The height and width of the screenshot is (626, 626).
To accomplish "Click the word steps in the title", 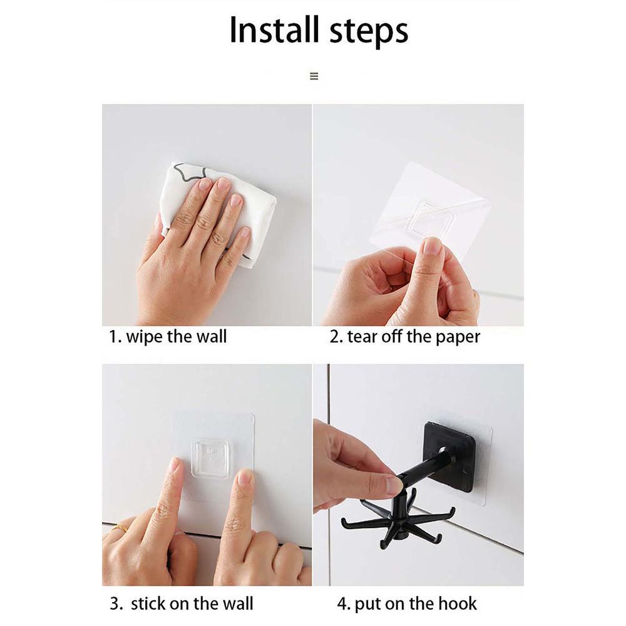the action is [369, 32].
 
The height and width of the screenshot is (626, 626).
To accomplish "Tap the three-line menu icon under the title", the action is [314, 76].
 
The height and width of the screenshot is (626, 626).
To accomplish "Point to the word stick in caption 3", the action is [147, 603].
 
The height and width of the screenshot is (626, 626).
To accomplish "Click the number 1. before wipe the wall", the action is [115, 337].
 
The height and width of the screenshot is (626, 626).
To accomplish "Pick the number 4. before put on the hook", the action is [344, 603].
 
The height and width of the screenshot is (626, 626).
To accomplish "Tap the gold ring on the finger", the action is [120, 529].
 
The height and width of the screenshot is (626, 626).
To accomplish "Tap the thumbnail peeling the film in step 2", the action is [433, 245].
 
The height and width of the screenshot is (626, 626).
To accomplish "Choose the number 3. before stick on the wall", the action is [116, 603].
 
